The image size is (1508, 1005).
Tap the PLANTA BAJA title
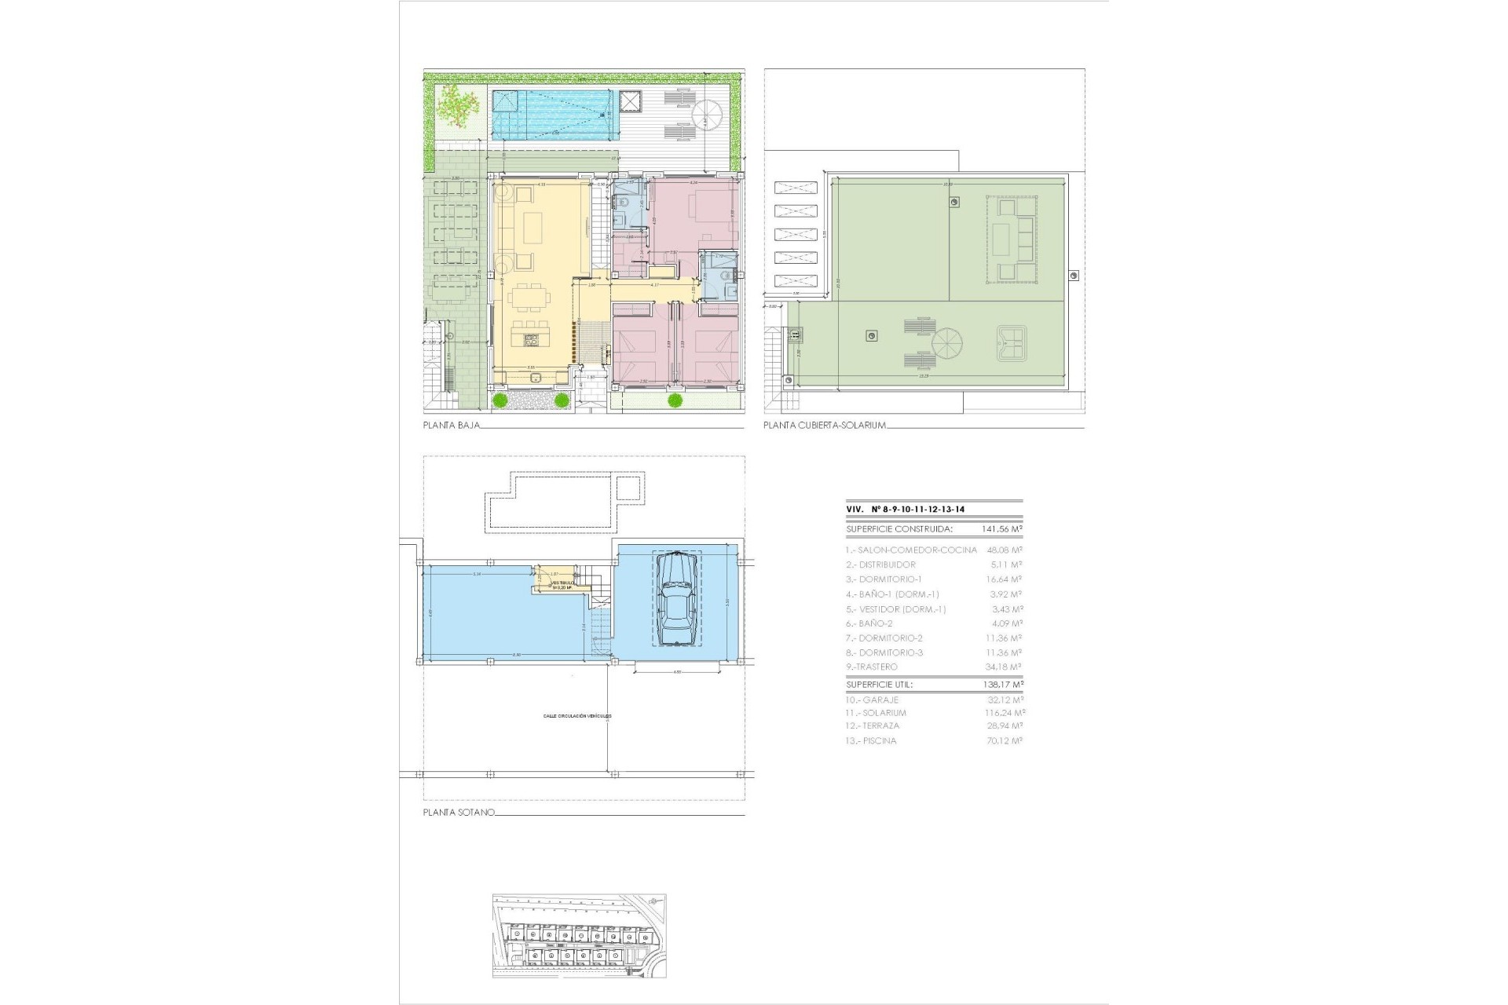click(451, 426)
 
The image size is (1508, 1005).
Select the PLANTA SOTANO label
click(459, 813)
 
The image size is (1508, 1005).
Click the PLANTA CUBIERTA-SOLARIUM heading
click(825, 426)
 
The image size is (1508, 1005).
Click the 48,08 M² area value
click(1004, 550)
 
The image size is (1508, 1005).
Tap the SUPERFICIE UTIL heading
click(879, 685)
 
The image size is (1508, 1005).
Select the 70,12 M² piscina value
click(1004, 740)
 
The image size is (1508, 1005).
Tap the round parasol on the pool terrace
click(708, 112)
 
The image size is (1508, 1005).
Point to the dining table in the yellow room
click(531, 299)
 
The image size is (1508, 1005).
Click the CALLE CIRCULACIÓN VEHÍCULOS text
click(576, 716)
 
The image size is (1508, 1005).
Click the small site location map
click(580, 935)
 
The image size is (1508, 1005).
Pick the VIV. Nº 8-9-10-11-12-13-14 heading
click(905, 509)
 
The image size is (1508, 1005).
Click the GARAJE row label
click(872, 700)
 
